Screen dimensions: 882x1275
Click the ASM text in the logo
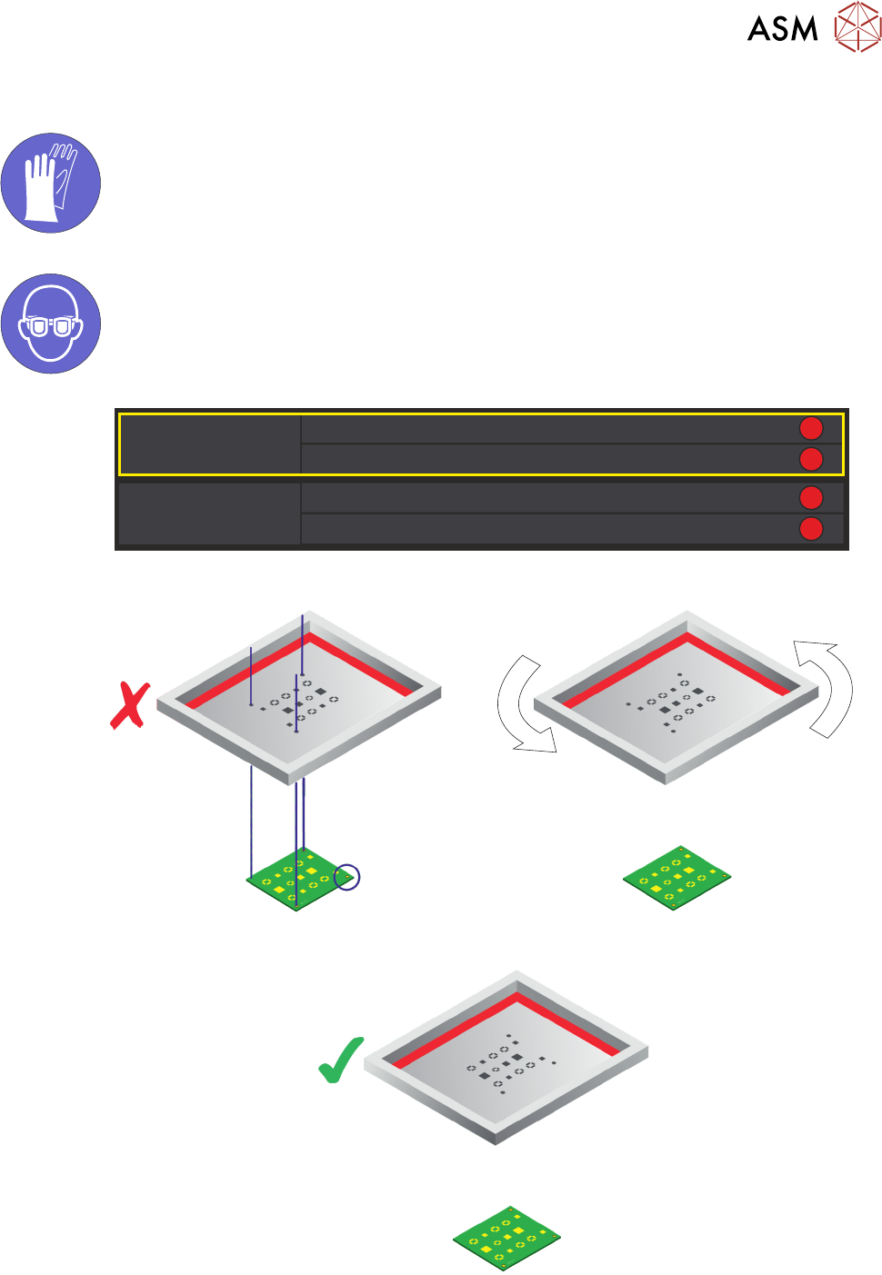click(x=782, y=29)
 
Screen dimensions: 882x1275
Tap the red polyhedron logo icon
click(x=857, y=26)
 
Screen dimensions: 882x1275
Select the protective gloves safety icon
click(x=51, y=183)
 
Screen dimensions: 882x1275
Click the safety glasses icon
click(x=51, y=324)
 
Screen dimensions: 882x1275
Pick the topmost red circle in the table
click(x=810, y=428)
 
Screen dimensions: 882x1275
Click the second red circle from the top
click(x=810, y=459)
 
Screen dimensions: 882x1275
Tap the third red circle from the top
click(x=810, y=498)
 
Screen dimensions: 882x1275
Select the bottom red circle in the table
click(x=810, y=529)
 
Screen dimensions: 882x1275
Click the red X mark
click(x=130, y=707)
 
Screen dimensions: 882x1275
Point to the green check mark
click(x=341, y=1060)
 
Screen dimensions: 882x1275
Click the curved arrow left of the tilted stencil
click(x=521, y=704)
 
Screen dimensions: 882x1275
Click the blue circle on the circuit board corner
click(x=346, y=877)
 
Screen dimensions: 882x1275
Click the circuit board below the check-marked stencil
click(x=507, y=1238)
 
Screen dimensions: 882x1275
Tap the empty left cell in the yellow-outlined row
click(x=210, y=444)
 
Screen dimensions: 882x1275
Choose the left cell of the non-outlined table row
click(x=210, y=514)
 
